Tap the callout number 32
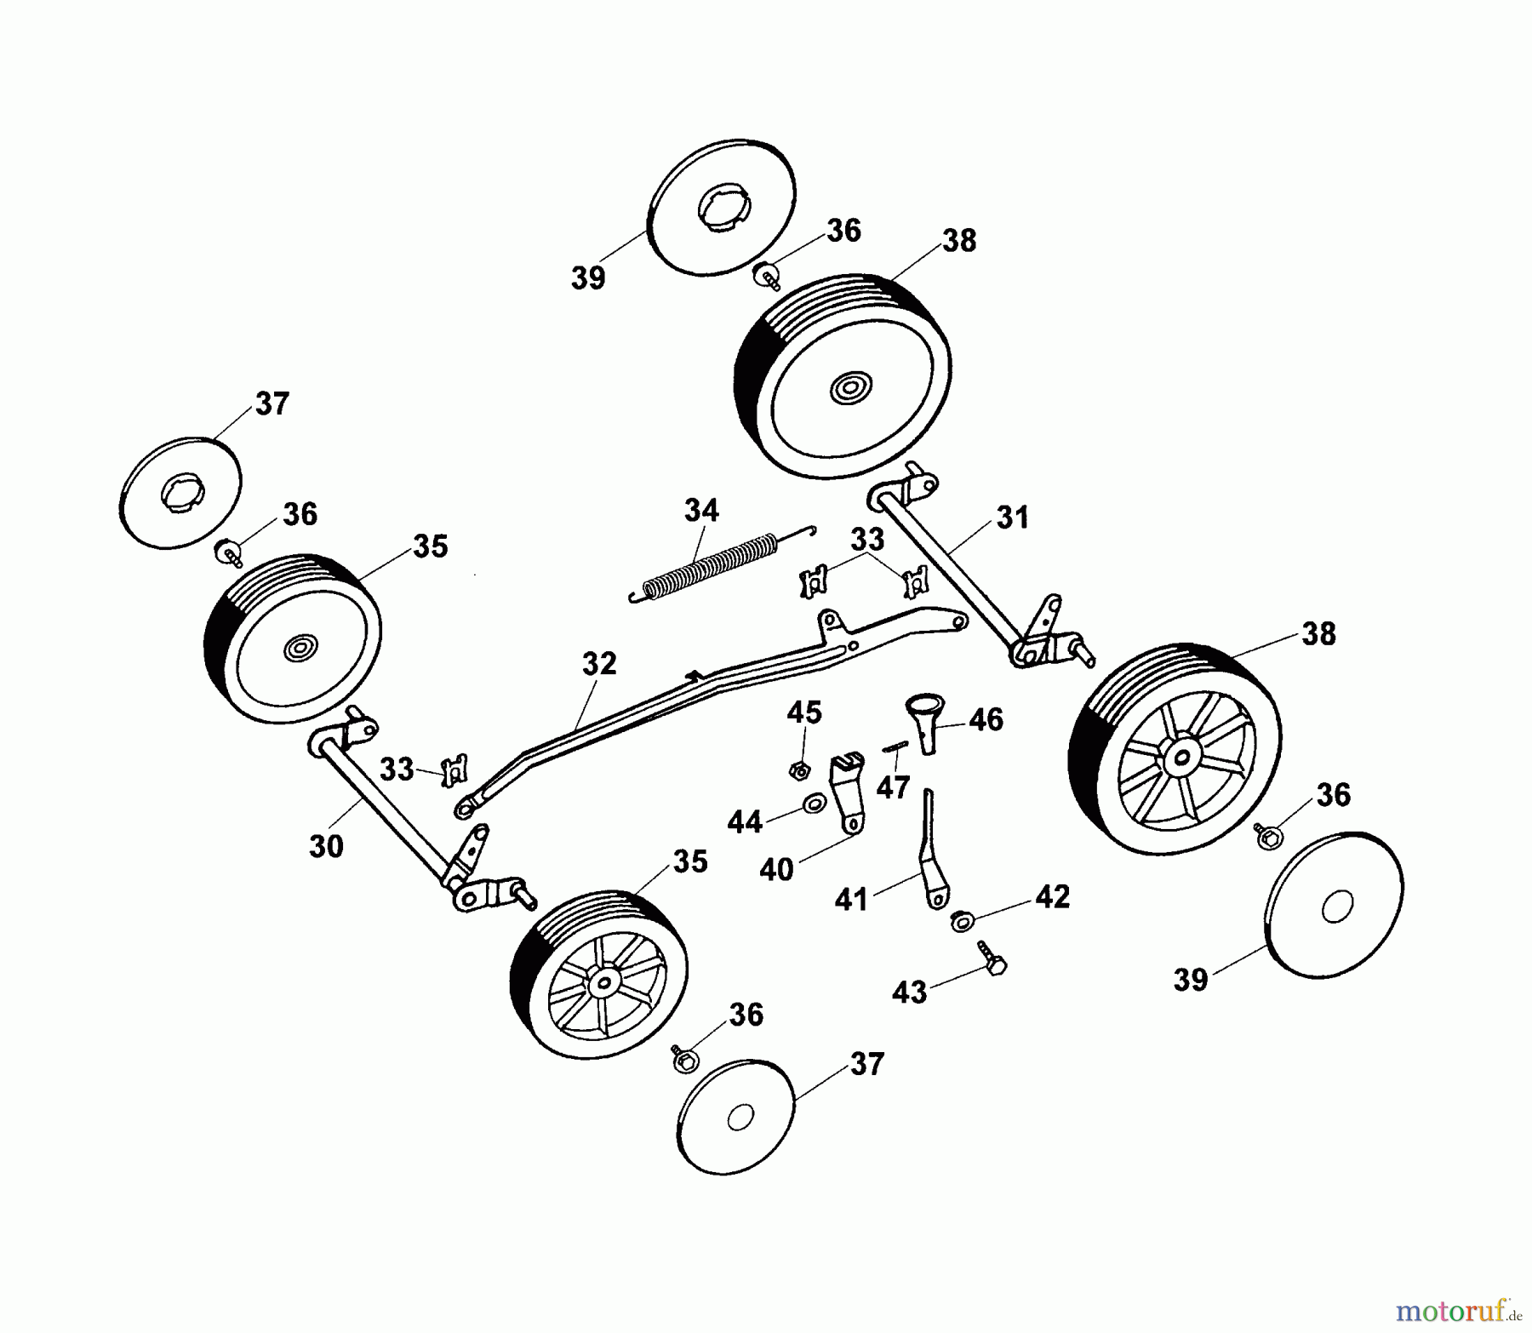(599, 664)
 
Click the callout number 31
(1012, 517)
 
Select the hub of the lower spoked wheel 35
(604, 984)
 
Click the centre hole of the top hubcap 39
(723, 210)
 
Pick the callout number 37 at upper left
(272, 403)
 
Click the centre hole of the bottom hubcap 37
(740, 1117)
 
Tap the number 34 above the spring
(701, 511)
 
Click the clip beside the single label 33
(455, 770)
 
